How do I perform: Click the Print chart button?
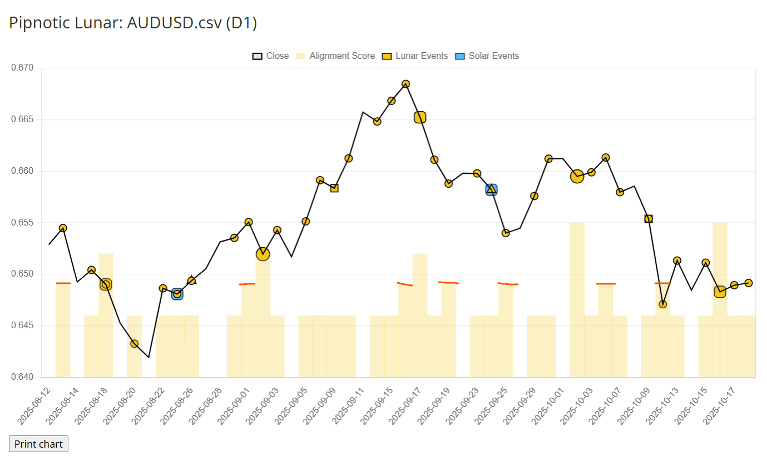point(39,444)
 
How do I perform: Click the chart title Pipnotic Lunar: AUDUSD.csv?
point(132,23)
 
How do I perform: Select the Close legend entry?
point(271,56)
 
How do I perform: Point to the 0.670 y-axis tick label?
point(23,68)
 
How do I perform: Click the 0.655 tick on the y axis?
point(23,223)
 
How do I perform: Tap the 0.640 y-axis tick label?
point(23,377)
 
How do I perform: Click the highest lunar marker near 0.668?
point(406,84)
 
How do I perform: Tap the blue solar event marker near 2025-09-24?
point(491,190)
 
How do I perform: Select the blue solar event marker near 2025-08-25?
point(177,294)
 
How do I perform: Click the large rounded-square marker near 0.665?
point(420,117)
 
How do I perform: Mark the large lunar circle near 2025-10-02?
point(577,177)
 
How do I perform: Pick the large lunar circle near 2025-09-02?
point(263,254)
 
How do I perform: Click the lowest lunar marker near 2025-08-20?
point(134,344)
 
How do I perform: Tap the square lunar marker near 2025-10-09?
point(648,219)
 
